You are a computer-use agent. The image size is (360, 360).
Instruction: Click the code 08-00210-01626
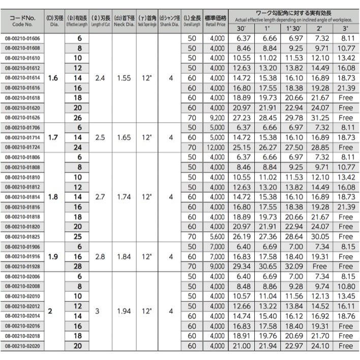[x=24, y=117]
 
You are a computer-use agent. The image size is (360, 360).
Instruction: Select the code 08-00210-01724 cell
[x=24, y=147]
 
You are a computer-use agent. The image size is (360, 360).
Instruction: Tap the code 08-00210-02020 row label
[x=24, y=346]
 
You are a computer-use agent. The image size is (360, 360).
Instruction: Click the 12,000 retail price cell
[x=216, y=147]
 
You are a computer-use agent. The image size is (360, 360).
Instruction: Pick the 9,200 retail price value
[x=216, y=117]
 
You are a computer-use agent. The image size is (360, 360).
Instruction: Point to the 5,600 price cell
[x=216, y=237]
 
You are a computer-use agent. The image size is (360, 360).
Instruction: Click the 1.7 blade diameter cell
[x=53, y=137]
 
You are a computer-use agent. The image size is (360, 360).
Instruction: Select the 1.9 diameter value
[x=53, y=257]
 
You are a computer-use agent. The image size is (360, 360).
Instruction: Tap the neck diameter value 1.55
[x=124, y=78]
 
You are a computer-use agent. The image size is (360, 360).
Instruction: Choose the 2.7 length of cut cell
[x=100, y=197]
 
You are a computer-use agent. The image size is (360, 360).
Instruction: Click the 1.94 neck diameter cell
[x=124, y=311]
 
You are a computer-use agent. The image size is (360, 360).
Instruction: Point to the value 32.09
[x=295, y=266]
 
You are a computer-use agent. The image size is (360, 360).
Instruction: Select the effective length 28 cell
[x=78, y=266]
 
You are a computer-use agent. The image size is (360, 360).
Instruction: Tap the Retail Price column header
[x=216, y=21]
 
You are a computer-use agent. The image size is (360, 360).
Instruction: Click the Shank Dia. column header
[x=170, y=21]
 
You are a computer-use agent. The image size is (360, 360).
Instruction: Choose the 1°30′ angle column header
[x=295, y=28]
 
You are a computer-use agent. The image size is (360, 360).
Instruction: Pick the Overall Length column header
[x=192, y=21]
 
